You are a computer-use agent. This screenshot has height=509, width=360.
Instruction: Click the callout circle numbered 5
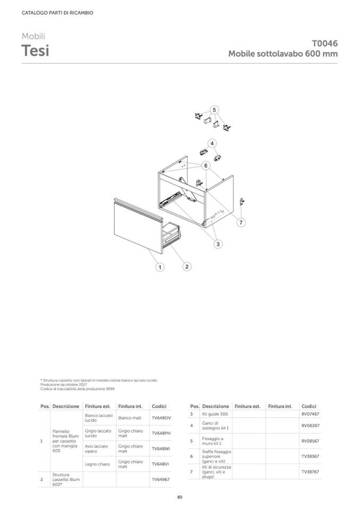(x=214, y=110)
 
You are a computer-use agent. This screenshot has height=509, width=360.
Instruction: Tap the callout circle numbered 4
(x=211, y=143)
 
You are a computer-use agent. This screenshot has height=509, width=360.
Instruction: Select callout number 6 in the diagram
(x=205, y=165)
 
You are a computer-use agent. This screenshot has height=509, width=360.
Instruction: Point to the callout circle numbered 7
(x=241, y=222)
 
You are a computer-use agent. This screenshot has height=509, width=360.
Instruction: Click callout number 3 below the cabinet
(x=218, y=244)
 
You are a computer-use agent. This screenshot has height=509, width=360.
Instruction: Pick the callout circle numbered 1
(x=159, y=268)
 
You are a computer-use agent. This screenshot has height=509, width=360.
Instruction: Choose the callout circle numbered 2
(x=186, y=266)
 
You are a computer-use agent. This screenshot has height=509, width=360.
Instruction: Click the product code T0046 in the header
(x=324, y=44)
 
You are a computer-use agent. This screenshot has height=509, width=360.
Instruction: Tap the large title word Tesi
(x=36, y=51)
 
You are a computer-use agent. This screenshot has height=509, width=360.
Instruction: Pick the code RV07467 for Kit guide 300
(x=310, y=413)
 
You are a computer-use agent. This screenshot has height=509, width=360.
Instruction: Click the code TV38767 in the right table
(x=310, y=472)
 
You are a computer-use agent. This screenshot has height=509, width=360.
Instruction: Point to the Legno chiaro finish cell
(x=97, y=464)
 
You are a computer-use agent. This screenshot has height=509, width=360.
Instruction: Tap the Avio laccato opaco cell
(x=98, y=449)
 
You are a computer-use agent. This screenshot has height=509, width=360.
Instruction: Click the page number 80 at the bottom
(x=179, y=497)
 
